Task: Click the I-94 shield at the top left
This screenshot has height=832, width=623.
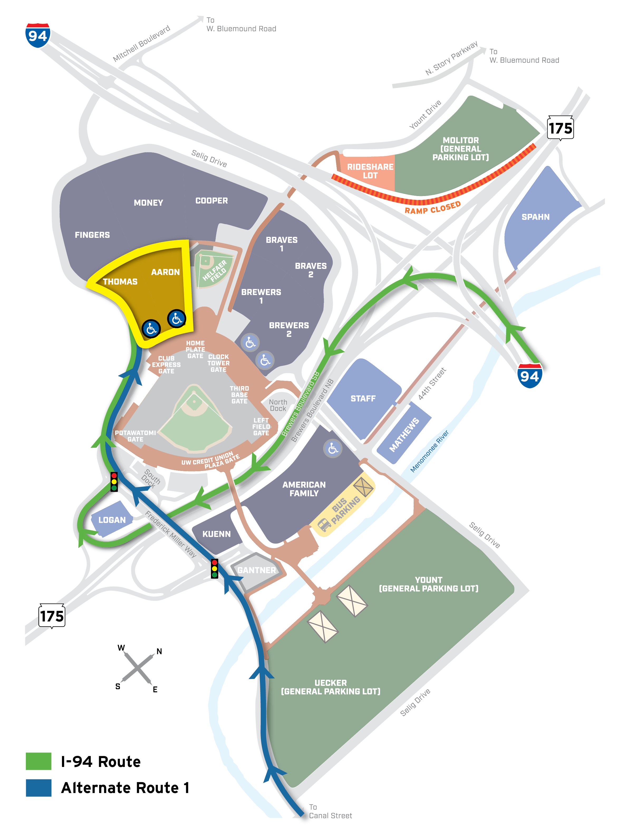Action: (38, 36)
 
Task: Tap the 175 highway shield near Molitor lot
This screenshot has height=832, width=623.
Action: (560, 128)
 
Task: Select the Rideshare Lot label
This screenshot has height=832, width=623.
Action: (370, 171)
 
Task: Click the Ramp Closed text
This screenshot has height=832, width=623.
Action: (433, 208)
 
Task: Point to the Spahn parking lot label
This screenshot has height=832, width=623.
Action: (535, 217)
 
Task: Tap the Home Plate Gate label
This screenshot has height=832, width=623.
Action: (195, 349)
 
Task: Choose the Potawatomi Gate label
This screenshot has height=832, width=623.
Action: (135, 436)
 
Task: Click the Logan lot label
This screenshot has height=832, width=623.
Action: (112, 520)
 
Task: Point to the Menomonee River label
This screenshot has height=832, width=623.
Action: (429, 451)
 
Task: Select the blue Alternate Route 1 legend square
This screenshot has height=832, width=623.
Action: (38, 787)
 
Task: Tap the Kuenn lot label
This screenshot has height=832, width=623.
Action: (216, 534)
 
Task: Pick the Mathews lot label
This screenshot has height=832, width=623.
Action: (404, 435)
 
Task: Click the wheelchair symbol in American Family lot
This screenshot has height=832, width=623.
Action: (333, 448)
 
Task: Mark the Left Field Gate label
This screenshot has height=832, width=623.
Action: (261, 426)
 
